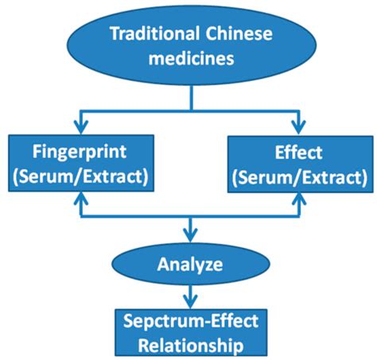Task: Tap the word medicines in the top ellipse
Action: pyautogui.click(x=189, y=58)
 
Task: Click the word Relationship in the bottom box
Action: pyautogui.click(x=189, y=346)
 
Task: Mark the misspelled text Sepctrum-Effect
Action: pyautogui.click(x=189, y=323)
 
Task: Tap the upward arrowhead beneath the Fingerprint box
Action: pyautogui.click(x=79, y=200)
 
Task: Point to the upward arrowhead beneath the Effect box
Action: pyautogui.click(x=300, y=200)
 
